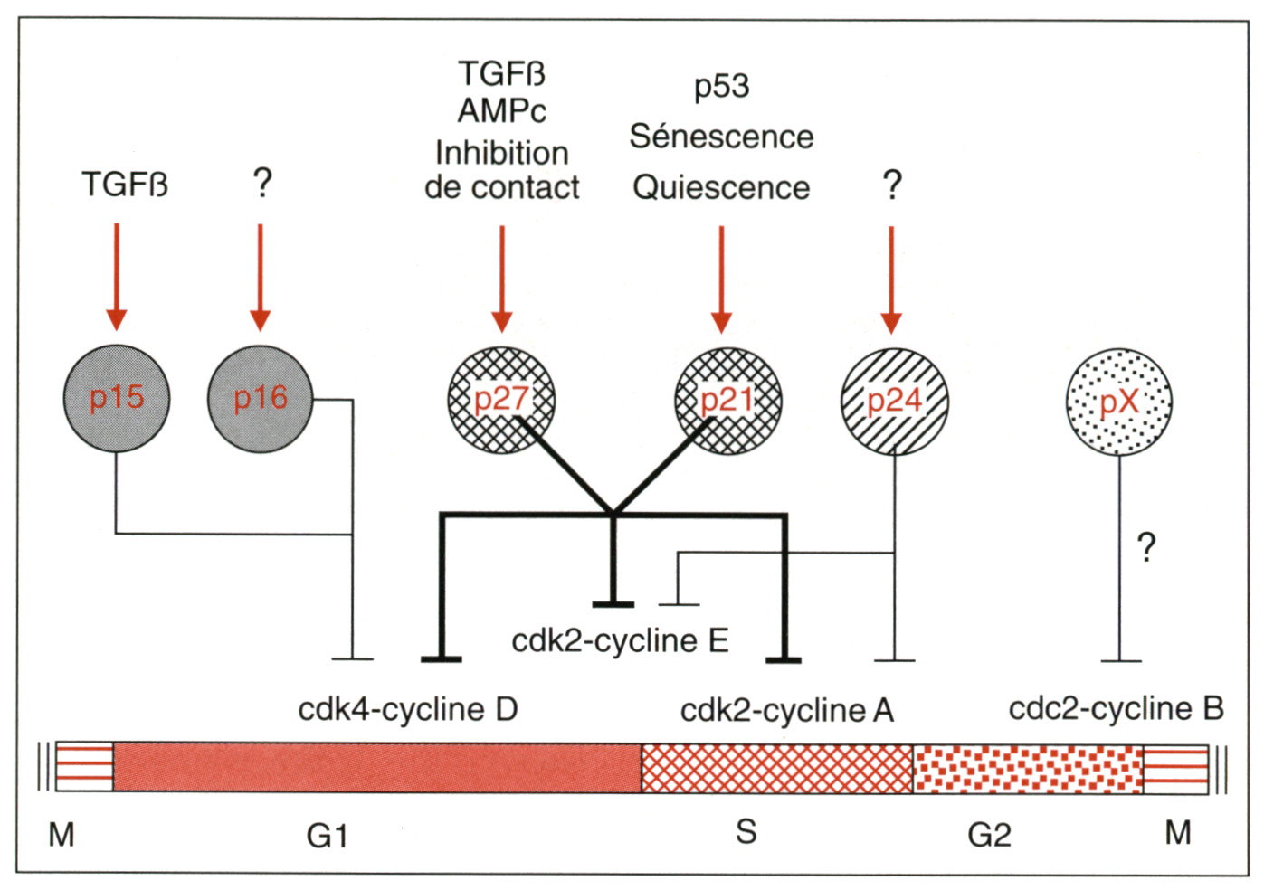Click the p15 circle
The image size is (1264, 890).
(x=117, y=398)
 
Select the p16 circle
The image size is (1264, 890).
(x=261, y=398)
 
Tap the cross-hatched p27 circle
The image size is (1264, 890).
(x=501, y=400)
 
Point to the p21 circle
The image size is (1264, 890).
(x=728, y=400)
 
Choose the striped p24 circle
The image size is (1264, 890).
(x=895, y=401)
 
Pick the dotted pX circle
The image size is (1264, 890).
(x=1119, y=401)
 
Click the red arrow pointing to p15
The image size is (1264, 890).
(x=117, y=276)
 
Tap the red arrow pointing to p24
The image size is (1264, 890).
(x=892, y=278)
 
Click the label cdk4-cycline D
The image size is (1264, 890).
(x=408, y=709)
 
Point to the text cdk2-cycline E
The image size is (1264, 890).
(x=620, y=640)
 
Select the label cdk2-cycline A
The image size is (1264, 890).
(x=786, y=710)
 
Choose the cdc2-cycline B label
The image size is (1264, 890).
(x=1116, y=708)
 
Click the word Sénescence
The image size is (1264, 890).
(x=721, y=137)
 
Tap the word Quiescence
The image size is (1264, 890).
(x=721, y=187)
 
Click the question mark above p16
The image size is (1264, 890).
(x=261, y=183)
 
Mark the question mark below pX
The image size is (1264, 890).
(x=1146, y=547)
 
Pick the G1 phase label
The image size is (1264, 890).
(x=327, y=836)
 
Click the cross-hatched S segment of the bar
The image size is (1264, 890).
(x=777, y=769)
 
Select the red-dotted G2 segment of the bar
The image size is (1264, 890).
(x=1028, y=770)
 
